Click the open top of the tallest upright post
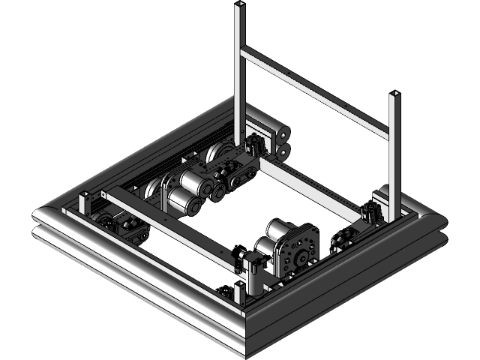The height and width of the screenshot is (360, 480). tap(240, 5)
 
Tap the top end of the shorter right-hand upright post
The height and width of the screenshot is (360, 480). tap(394, 94)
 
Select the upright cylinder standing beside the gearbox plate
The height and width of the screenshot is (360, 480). tap(256, 278)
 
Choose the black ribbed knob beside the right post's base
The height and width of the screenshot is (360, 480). tap(370, 212)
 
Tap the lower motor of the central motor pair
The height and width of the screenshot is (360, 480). tap(182, 200)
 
